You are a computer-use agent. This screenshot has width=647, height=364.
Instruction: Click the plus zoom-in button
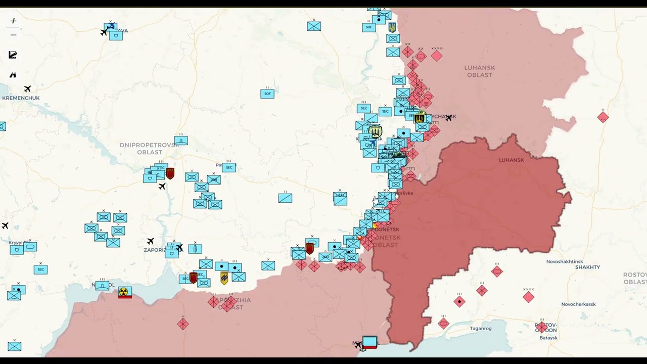pos(13,21)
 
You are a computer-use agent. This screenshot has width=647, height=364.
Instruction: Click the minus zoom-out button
pos(13,35)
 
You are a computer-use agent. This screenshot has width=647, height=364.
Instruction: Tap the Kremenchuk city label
pos(21,98)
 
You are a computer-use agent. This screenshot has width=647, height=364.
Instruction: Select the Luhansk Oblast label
pos(479,71)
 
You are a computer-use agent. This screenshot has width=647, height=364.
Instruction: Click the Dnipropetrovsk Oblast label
pos(149,149)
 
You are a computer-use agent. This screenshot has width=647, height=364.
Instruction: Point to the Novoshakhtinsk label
pos(565,261)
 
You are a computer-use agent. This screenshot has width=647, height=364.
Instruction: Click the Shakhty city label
pos(587,267)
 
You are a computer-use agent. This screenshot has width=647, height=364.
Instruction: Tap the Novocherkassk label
pos(578,304)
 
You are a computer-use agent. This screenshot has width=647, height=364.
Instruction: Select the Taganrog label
pos(480,328)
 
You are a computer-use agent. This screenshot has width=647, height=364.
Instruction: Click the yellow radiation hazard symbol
pos(124,292)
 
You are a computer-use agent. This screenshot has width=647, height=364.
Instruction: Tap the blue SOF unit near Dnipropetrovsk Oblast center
pos(267,94)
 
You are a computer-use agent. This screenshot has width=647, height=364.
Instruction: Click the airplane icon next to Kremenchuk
pos(27,89)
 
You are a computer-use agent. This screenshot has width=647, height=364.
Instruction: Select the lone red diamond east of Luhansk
pos(603,117)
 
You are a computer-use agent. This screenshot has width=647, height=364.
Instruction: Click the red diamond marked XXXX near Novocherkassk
pos(528,297)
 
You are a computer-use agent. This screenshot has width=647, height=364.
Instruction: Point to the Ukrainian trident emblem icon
pos(392,27)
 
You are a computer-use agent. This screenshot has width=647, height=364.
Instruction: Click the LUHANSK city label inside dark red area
pos(511,160)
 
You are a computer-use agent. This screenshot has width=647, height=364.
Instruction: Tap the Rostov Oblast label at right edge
pos(635,278)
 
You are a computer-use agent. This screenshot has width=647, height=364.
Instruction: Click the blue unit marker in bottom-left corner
pos(14,346)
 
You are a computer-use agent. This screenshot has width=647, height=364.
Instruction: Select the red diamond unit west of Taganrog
pos(443,323)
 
